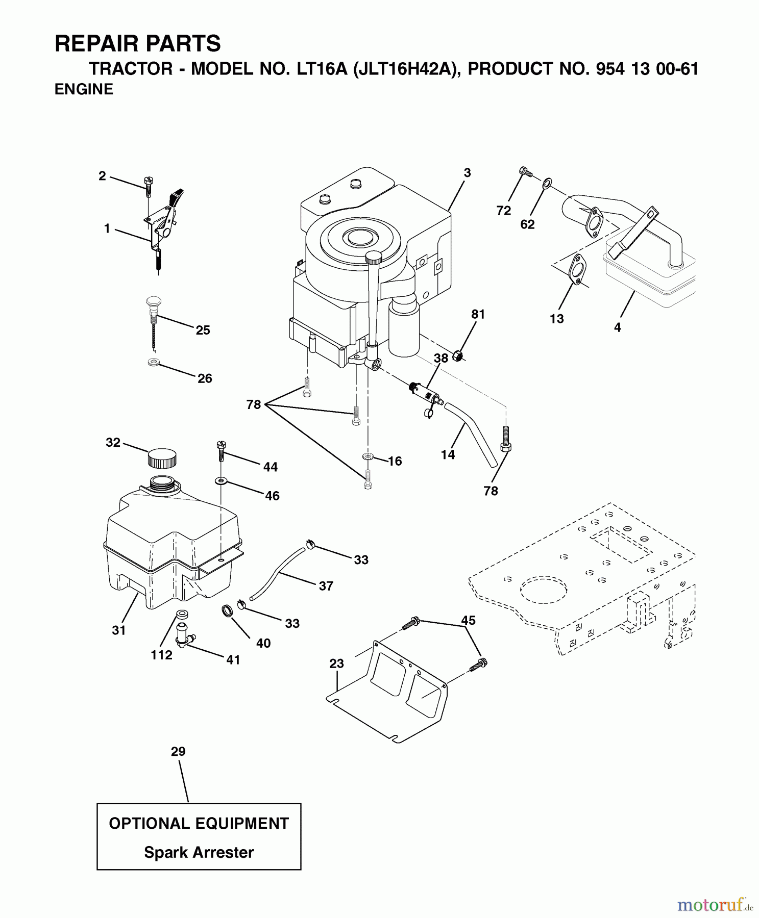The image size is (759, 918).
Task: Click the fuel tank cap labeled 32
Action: tap(162, 457)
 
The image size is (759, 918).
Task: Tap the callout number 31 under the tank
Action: tap(119, 630)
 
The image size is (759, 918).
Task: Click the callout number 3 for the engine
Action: tap(467, 173)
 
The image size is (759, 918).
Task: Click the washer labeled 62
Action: tap(546, 182)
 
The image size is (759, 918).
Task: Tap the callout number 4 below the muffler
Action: tap(618, 328)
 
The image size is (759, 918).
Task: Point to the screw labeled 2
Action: tap(149, 186)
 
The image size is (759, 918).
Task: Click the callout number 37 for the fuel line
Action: tap(326, 586)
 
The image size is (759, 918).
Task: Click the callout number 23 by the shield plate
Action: tap(336, 664)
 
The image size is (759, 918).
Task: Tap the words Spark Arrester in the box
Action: tap(199, 852)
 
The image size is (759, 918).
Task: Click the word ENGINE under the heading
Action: tap(84, 89)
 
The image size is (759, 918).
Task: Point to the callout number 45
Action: tap(468, 620)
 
